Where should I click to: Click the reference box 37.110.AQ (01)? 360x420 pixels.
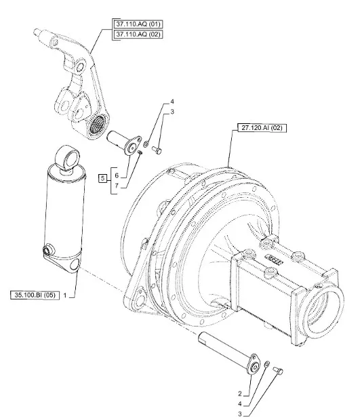pos(138,24)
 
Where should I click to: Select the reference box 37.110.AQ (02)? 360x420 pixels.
pos(138,35)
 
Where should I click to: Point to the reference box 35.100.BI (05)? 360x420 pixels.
pos(35,295)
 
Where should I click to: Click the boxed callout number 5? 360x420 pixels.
pos(102,178)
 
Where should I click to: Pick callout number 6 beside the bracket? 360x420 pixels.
pos(117,175)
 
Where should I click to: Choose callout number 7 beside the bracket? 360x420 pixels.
pos(117,186)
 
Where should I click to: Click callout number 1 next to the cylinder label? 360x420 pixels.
pos(65,295)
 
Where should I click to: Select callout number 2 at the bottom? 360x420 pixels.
pos(240,394)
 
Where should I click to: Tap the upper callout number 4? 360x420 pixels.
pos(172,102)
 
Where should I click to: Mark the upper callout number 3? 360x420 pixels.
pos(172,111)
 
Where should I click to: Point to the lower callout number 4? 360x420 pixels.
pos(240,404)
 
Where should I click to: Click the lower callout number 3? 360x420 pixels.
pos(240,414)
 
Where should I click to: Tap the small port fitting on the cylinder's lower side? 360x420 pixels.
pos(48,249)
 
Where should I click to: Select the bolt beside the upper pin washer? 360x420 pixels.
pos(157,150)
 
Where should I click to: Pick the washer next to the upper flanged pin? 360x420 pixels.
pos(146,144)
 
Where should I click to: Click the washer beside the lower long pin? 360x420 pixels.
pos(267,364)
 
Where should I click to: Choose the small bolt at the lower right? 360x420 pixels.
pos(278,371)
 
